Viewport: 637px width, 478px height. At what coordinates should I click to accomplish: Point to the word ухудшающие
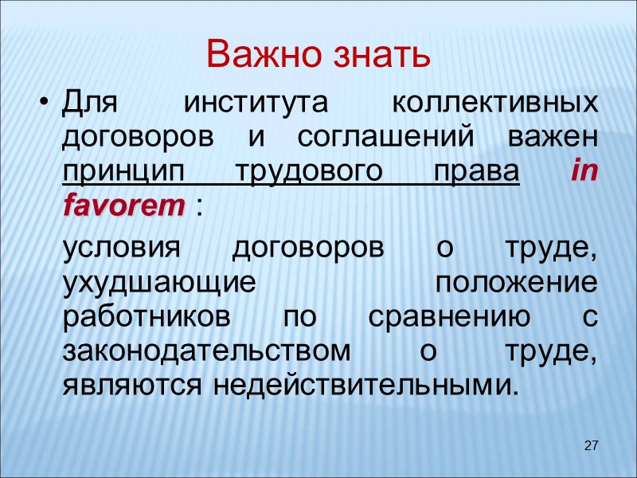158,283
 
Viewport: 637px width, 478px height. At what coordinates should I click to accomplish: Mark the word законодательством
206,351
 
